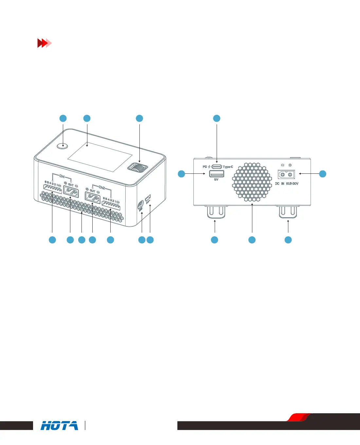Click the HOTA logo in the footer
59,425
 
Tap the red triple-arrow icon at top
44,43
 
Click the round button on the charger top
62,146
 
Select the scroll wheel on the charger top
137,168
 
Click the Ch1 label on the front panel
62,176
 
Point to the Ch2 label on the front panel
102,187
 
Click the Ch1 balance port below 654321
52,189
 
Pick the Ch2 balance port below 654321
111,205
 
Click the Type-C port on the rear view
217,167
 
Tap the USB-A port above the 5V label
217,173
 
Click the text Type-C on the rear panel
228,167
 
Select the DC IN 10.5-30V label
287,184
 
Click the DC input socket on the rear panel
286,174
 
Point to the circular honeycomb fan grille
252,182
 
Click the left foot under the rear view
216,212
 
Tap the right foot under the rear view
288,212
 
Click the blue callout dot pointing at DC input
323,174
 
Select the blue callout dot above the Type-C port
217,118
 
